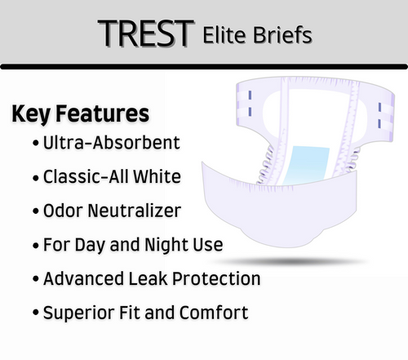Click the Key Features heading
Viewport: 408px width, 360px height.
[x=80, y=113]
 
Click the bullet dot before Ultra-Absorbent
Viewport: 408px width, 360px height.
[x=36, y=144]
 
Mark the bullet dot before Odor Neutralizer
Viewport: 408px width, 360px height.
[x=36, y=211]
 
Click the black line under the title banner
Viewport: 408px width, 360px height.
[x=204, y=66]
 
